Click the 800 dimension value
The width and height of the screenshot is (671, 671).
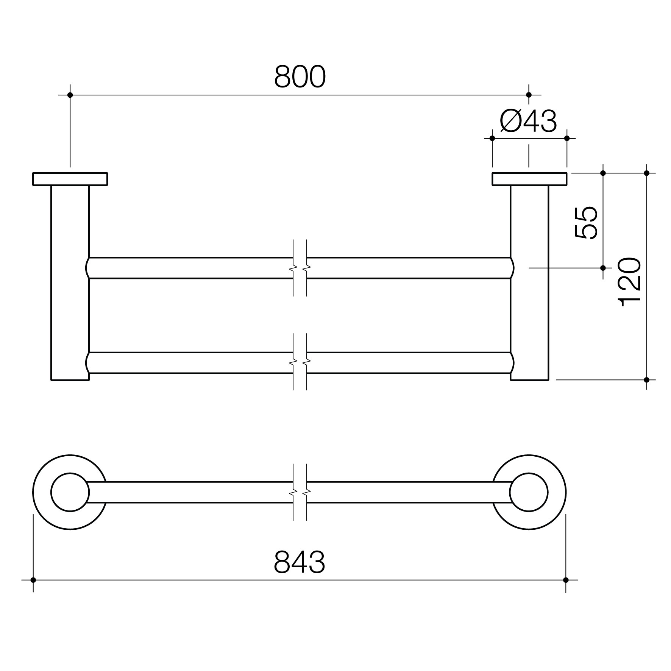pos(300,76)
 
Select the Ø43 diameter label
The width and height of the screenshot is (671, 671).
pos(528,121)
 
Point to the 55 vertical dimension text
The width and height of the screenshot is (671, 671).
pos(586,223)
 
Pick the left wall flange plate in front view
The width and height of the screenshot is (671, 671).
pos(70,179)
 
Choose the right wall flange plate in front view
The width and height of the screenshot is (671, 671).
pos(529,179)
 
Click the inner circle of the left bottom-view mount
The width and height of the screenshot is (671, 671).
pos(70,473)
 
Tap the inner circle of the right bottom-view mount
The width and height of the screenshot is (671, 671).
pos(529,473)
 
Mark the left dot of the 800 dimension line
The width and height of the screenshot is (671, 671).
pos(70,95)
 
